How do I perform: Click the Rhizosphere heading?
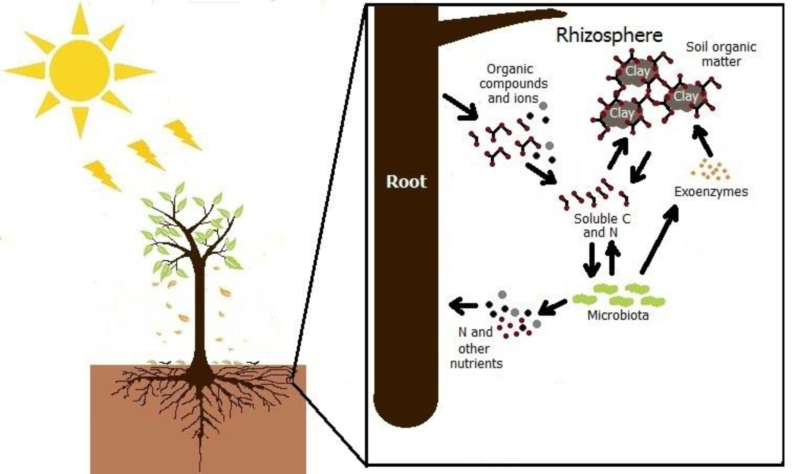pyautogui.click(x=609, y=35)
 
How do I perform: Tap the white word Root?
pyautogui.click(x=406, y=182)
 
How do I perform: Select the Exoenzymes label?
pyautogui.click(x=711, y=192)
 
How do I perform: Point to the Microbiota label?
pyautogui.click(x=618, y=315)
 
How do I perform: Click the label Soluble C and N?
pyautogui.click(x=602, y=226)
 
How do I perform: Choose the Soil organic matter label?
pyautogui.click(x=721, y=54)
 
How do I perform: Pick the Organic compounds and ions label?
pyautogui.click(x=513, y=84)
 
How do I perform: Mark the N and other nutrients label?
pyautogui.click(x=476, y=348)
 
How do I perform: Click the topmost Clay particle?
pyautogui.click(x=637, y=71)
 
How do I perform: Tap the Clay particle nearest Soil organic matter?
pyautogui.click(x=686, y=96)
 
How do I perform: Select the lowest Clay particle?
pyautogui.click(x=622, y=113)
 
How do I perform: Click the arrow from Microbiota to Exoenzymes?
pyautogui.click(x=659, y=239)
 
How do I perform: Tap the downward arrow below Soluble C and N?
pyautogui.click(x=591, y=260)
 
